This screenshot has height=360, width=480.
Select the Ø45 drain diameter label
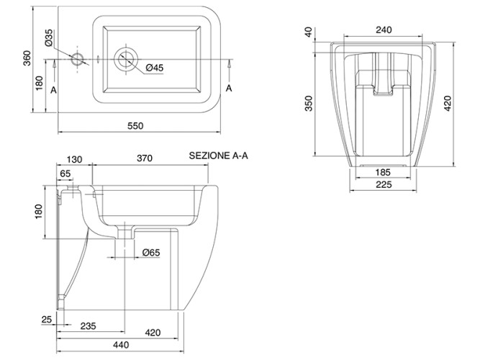point(155,68)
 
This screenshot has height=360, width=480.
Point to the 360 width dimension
point(27,59)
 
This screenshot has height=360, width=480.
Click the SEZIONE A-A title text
point(218,155)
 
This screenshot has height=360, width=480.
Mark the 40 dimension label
point(309,31)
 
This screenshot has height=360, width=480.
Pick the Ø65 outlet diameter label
point(151,253)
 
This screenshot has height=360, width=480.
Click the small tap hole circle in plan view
point(78,59)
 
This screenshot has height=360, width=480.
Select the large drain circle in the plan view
point(127,59)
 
